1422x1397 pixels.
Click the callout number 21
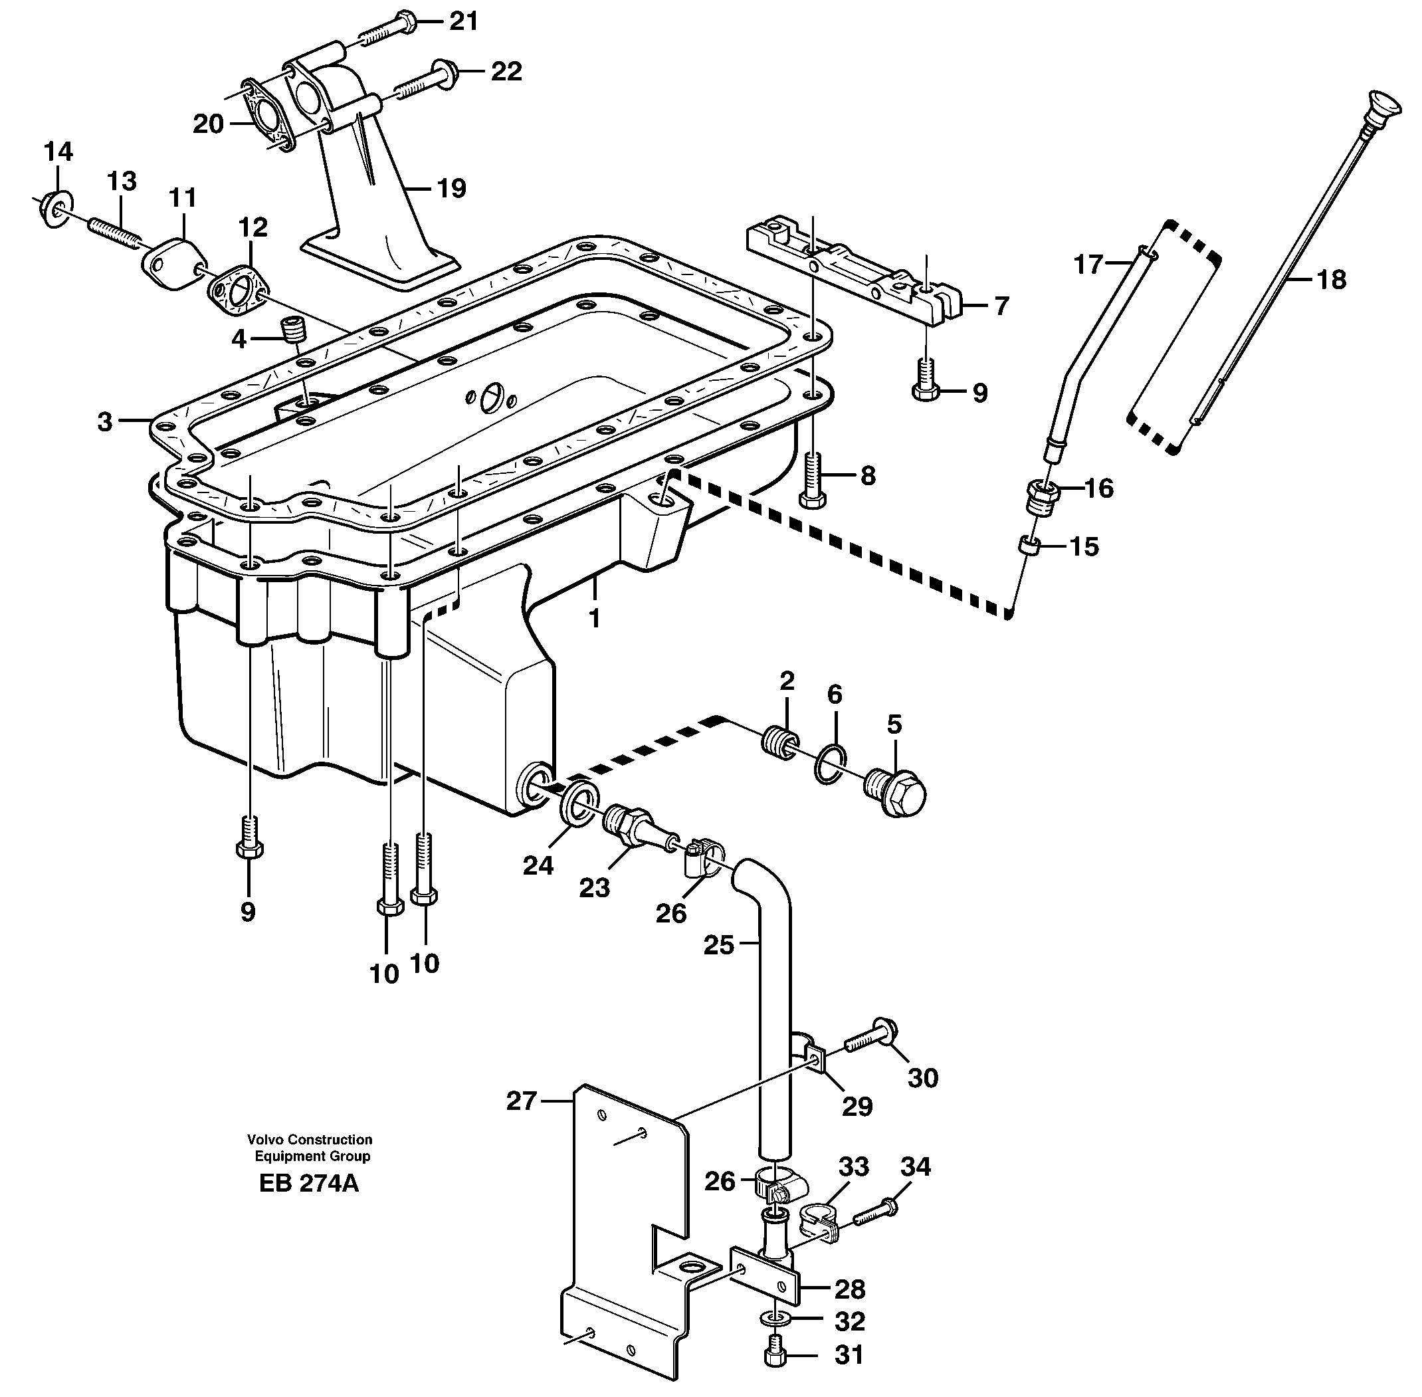[463, 21]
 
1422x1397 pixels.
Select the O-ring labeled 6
[830, 764]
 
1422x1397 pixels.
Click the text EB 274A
[309, 1204]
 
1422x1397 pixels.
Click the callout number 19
[451, 189]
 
